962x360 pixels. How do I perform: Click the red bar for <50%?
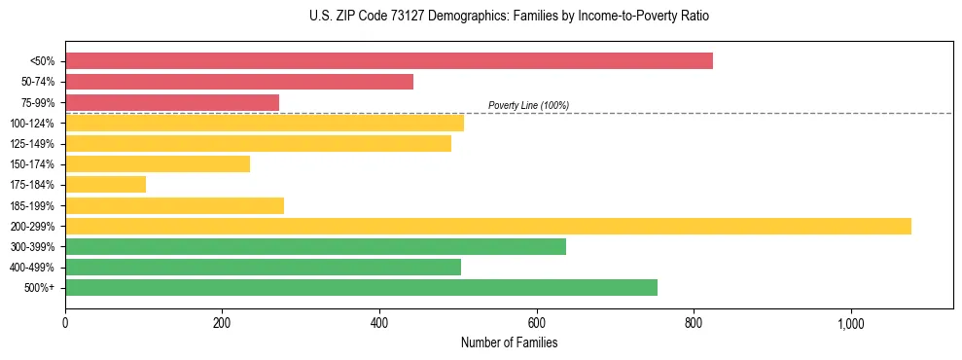pos(389,60)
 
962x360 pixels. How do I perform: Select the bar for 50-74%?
pos(239,82)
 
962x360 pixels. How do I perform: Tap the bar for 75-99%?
pos(172,102)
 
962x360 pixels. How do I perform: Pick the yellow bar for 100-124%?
pos(265,123)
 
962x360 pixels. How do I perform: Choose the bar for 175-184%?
pos(106,184)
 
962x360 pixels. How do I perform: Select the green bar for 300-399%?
pos(315,246)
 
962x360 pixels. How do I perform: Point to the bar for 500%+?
pos(361,287)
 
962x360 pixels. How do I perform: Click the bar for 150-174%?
pos(158,163)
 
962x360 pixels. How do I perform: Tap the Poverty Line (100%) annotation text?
pos(528,105)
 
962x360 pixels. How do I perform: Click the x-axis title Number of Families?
pos(509,342)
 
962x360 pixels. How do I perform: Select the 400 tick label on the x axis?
pos(379,324)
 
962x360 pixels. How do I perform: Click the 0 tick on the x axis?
pos(65,324)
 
